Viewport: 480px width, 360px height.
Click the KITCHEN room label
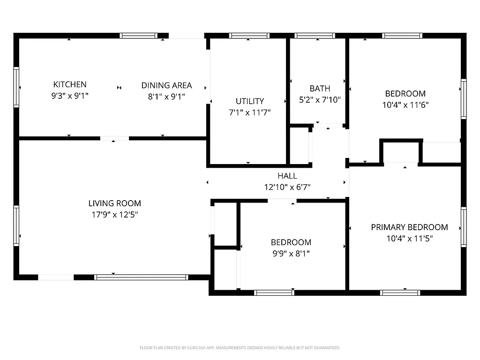[x=70, y=84]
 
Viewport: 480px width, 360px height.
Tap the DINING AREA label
[x=166, y=85]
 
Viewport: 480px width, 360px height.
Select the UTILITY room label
[x=249, y=101]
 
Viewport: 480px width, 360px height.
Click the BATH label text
[x=320, y=88]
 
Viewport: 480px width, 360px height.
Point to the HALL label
[x=287, y=176]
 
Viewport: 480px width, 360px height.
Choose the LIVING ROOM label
[x=114, y=203]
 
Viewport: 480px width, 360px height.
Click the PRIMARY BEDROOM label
[x=409, y=227]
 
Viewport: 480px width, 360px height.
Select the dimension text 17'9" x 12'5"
[x=114, y=215]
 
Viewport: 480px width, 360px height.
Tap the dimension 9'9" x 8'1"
[x=291, y=254]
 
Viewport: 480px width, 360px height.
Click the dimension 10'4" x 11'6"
[x=405, y=105]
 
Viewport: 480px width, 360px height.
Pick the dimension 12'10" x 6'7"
[x=287, y=187]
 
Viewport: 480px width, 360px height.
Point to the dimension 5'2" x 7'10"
[x=320, y=99]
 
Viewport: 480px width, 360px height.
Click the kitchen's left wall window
[x=16, y=87]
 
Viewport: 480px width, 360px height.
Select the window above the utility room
[x=249, y=35]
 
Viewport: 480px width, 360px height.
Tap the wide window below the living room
[x=141, y=277]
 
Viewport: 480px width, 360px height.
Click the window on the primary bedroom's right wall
[x=464, y=227]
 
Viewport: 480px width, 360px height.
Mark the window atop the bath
[x=315, y=35]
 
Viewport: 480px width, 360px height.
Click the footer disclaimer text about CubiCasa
[x=240, y=348]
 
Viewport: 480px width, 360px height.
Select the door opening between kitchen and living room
[x=115, y=138]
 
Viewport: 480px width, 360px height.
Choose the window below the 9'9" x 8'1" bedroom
[x=274, y=292]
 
